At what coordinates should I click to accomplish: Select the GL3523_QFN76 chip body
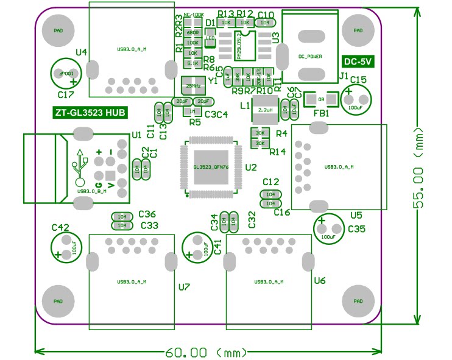coord(211,166)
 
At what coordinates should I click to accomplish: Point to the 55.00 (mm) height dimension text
coord(418,168)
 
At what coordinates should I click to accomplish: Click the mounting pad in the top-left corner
coord(58,30)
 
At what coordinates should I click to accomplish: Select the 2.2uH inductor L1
coord(264,110)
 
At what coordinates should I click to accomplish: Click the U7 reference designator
coord(184,286)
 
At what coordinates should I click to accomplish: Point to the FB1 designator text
coord(321,113)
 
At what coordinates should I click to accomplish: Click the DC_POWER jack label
coord(309,56)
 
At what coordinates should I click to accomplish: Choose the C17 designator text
coord(65,95)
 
